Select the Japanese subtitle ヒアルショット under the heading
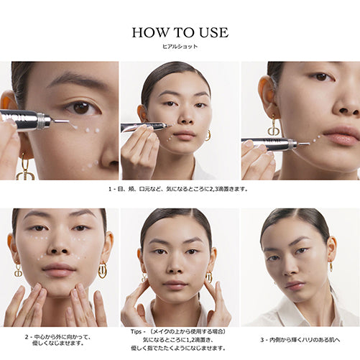[180, 46]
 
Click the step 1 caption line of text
[180, 189]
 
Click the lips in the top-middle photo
[183, 135]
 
